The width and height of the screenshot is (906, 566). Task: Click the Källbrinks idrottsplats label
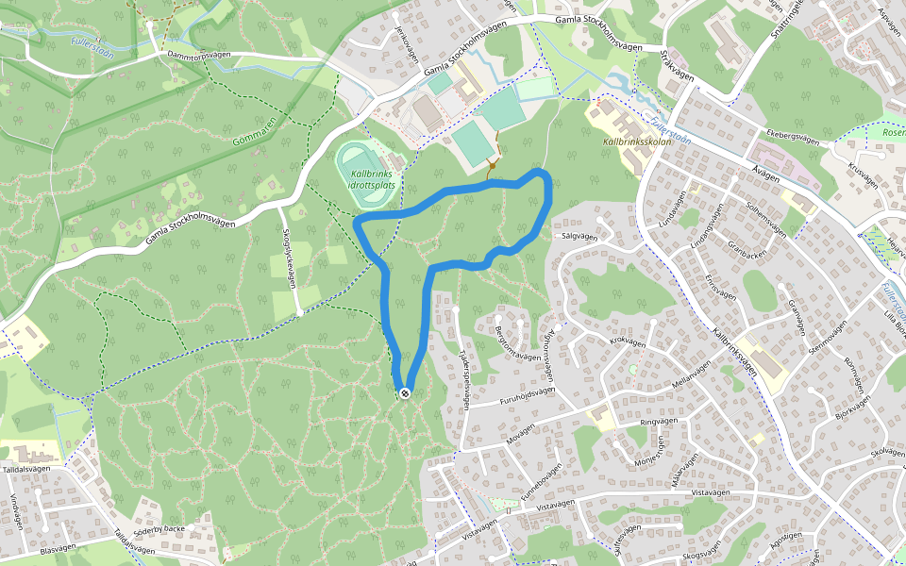click(372, 179)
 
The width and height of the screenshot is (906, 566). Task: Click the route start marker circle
click(405, 392)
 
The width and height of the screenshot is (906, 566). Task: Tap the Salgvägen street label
click(580, 237)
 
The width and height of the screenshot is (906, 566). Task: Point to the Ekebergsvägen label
click(793, 137)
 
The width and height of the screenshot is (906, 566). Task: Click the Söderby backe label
click(159, 529)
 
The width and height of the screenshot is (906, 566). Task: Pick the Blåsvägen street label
click(58, 548)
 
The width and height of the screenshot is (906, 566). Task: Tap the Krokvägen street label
click(628, 341)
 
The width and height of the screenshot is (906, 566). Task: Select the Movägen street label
click(520, 438)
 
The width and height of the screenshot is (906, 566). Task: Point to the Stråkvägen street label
click(678, 67)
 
